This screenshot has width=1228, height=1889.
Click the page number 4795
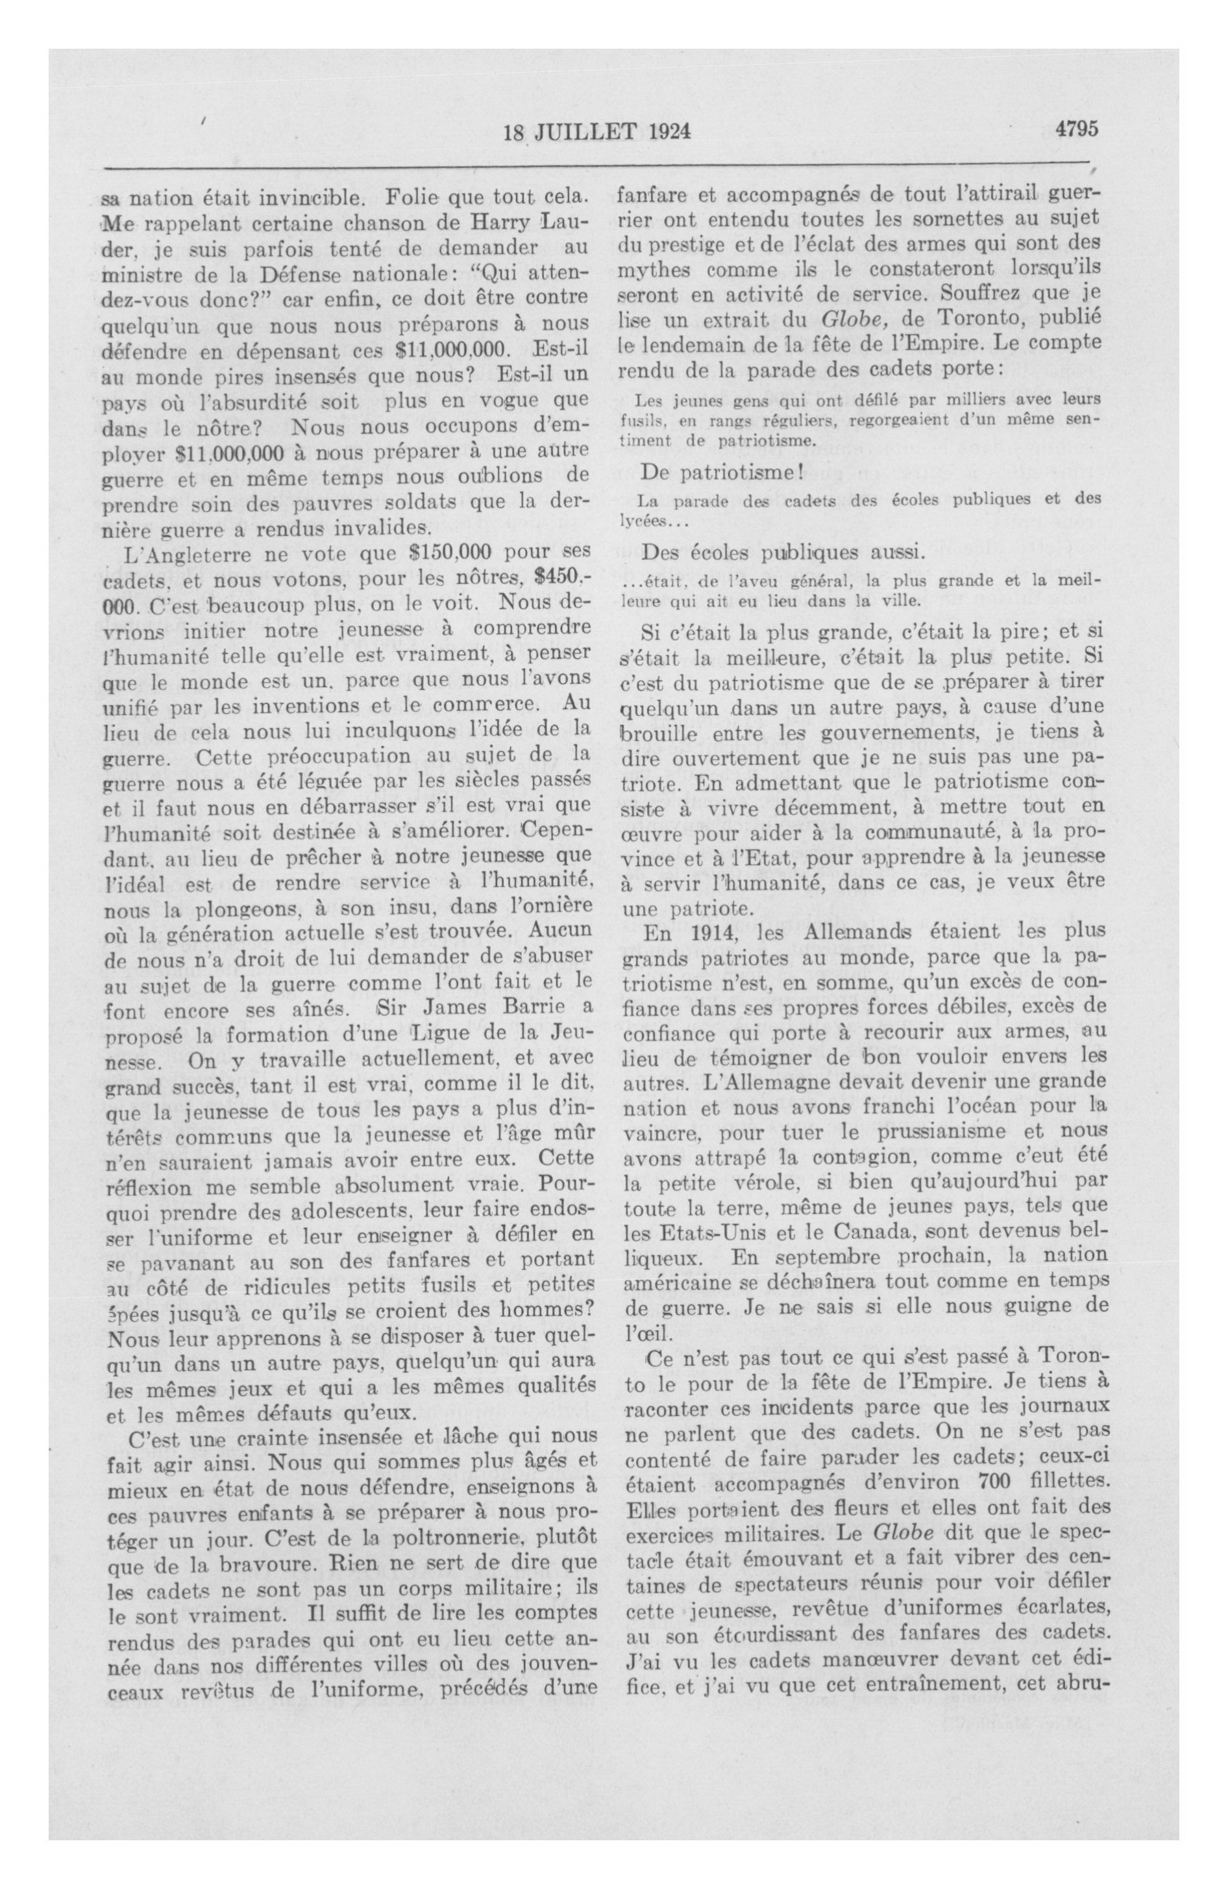tap(1075, 129)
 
